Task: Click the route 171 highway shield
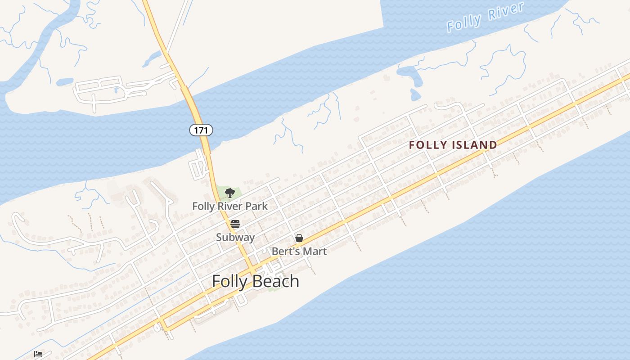201,130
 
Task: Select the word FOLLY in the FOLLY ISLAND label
428,145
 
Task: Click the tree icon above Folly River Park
230,193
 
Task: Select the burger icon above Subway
235,224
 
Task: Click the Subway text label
235,237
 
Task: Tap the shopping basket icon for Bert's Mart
299,238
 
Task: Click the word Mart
315,251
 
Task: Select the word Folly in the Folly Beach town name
229,281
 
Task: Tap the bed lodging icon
38,354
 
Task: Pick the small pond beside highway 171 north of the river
152,58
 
